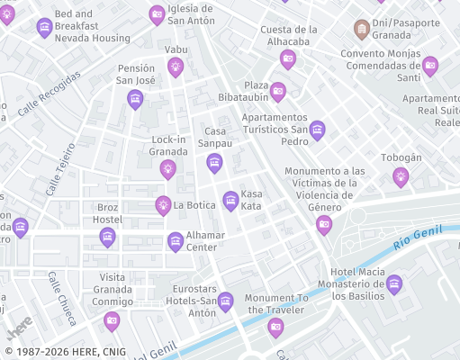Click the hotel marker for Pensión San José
pyautogui.click(x=135, y=98)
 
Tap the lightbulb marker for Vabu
pyautogui.click(x=176, y=65)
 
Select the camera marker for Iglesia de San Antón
pyautogui.click(x=158, y=13)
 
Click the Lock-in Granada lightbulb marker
pyautogui.click(x=167, y=168)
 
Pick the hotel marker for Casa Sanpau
pyautogui.click(x=214, y=162)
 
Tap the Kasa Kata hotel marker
pyautogui.click(x=230, y=199)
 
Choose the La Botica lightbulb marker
pyautogui.click(x=163, y=205)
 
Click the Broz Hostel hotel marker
pyautogui.click(x=107, y=237)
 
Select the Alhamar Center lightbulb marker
pyautogui.click(x=176, y=240)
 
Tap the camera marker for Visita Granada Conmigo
pyautogui.click(x=112, y=320)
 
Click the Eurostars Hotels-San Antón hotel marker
pyautogui.click(x=226, y=301)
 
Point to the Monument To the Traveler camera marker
pyautogui.click(x=275, y=326)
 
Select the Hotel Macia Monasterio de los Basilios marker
pyautogui.click(x=393, y=285)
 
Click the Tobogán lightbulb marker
pyautogui.click(x=401, y=176)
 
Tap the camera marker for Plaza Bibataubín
pyautogui.click(x=278, y=91)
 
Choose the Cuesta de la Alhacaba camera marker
pyautogui.click(x=288, y=59)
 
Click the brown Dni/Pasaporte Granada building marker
pyautogui.click(x=362, y=28)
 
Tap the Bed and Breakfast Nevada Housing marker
pyautogui.click(x=44, y=28)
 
